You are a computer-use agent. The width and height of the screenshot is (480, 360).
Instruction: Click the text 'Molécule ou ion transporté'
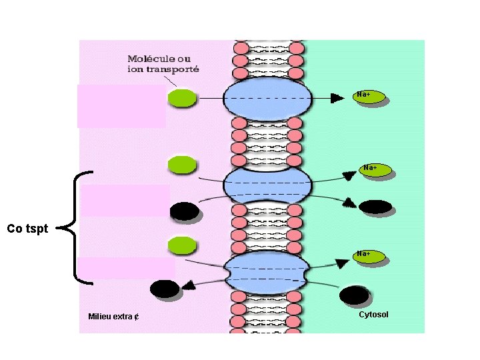pos(163,64)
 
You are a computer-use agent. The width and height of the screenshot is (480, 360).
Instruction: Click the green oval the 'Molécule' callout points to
pos(181,99)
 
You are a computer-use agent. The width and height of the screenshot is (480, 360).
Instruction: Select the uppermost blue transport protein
pos(267,99)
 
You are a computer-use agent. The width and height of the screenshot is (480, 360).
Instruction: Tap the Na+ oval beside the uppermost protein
pos(369,97)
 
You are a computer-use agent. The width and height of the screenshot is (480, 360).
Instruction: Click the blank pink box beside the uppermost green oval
pos(121,105)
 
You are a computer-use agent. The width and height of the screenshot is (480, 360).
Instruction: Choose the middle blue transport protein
pos(267,185)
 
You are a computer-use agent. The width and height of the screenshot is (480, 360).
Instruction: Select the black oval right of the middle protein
pos(375,207)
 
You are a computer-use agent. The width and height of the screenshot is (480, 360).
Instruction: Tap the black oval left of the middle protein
pos(183,211)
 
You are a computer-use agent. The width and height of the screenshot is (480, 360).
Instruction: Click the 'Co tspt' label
pos(27,229)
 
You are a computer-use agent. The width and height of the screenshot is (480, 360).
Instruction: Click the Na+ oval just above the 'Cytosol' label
pos(369,256)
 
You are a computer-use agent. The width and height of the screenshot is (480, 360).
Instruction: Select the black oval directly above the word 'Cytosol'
pos(353,294)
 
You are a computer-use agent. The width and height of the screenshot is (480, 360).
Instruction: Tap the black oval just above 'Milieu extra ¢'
pos(164,289)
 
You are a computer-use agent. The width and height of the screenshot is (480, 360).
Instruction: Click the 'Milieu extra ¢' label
pos(113,317)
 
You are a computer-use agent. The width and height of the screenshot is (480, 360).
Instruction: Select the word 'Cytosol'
pos(373,315)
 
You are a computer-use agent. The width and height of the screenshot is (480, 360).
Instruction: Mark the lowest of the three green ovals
pos(182,245)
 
